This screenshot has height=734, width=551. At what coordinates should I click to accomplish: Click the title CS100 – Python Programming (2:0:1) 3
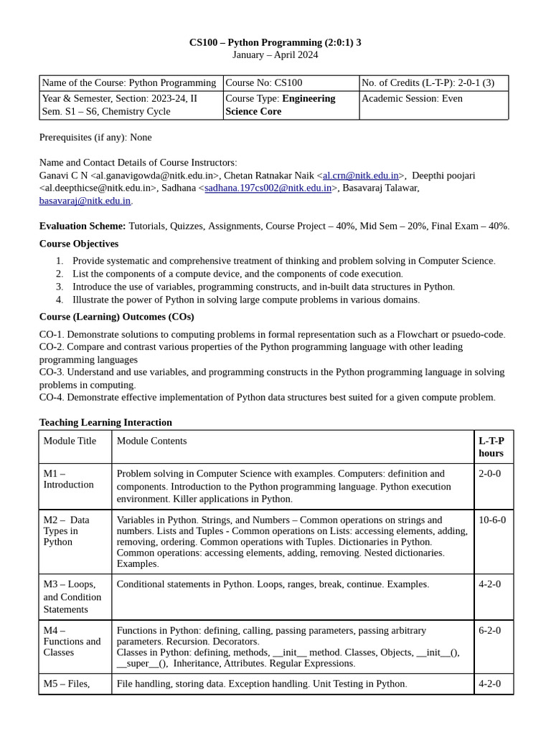275,42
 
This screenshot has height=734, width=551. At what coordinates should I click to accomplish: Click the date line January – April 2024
275,54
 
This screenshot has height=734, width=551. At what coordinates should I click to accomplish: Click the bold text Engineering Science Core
280,105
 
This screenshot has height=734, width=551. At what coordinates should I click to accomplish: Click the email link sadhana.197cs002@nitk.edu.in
268,189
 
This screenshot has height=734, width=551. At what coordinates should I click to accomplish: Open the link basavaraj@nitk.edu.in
85,201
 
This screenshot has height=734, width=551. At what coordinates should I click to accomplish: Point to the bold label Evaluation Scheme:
83,226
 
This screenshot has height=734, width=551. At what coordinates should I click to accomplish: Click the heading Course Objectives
79,244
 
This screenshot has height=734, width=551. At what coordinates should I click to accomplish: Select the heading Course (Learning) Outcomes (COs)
116,317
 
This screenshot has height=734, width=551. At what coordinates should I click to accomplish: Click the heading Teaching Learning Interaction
105,422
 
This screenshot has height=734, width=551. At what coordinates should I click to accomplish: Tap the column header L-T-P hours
491,447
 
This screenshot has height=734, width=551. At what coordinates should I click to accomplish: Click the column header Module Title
70,441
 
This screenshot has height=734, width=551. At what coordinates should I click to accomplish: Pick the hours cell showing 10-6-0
492,520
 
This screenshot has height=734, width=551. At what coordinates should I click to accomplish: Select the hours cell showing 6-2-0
490,631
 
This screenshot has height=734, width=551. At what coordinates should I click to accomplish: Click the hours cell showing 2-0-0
490,474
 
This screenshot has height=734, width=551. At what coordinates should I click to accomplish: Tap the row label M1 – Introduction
68,479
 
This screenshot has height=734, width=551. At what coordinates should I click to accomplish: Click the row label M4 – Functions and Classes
72,642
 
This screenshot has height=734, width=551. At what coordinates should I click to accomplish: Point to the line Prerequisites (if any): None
95,137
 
